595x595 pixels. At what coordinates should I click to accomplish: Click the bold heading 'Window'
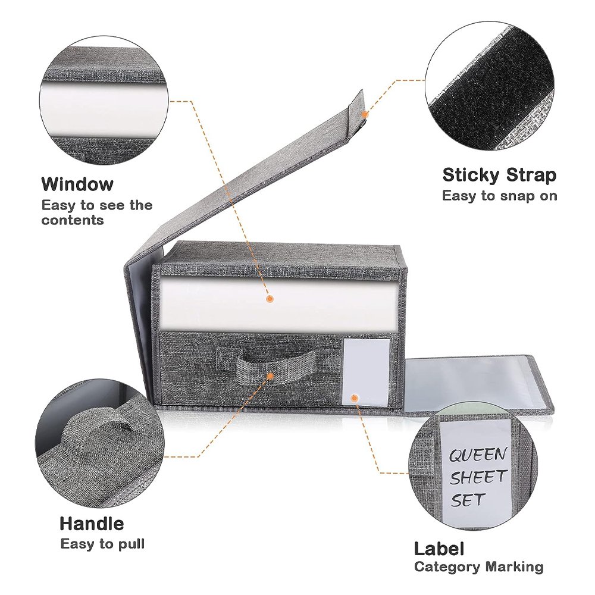pyautogui.click(x=77, y=184)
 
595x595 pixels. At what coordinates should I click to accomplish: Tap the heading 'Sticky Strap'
pyautogui.click(x=499, y=176)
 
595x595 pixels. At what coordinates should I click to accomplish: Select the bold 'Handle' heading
pyautogui.click(x=92, y=524)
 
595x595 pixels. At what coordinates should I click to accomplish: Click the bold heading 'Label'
pyautogui.click(x=439, y=549)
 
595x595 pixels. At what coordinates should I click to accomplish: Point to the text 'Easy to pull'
pyautogui.click(x=102, y=544)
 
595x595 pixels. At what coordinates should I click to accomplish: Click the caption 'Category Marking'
pyautogui.click(x=479, y=567)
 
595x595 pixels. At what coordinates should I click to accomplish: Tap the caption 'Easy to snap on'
pyautogui.click(x=500, y=196)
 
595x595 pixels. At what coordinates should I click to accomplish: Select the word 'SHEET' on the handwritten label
pyautogui.click(x=478, y=477)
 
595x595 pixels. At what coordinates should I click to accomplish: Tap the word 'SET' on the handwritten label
pyautogui.click(x=468, y=500)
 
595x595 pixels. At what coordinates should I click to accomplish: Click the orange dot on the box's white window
pyautogui.click(x=270, y=299)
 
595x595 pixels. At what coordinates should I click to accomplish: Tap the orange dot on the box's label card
pyautogui.click(x=355, y=398)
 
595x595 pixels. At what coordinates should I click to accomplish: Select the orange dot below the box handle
pyautogui.click(x=270, y=376)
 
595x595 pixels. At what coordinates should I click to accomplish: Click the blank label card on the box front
pyautogui.click(x=365, y=372)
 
